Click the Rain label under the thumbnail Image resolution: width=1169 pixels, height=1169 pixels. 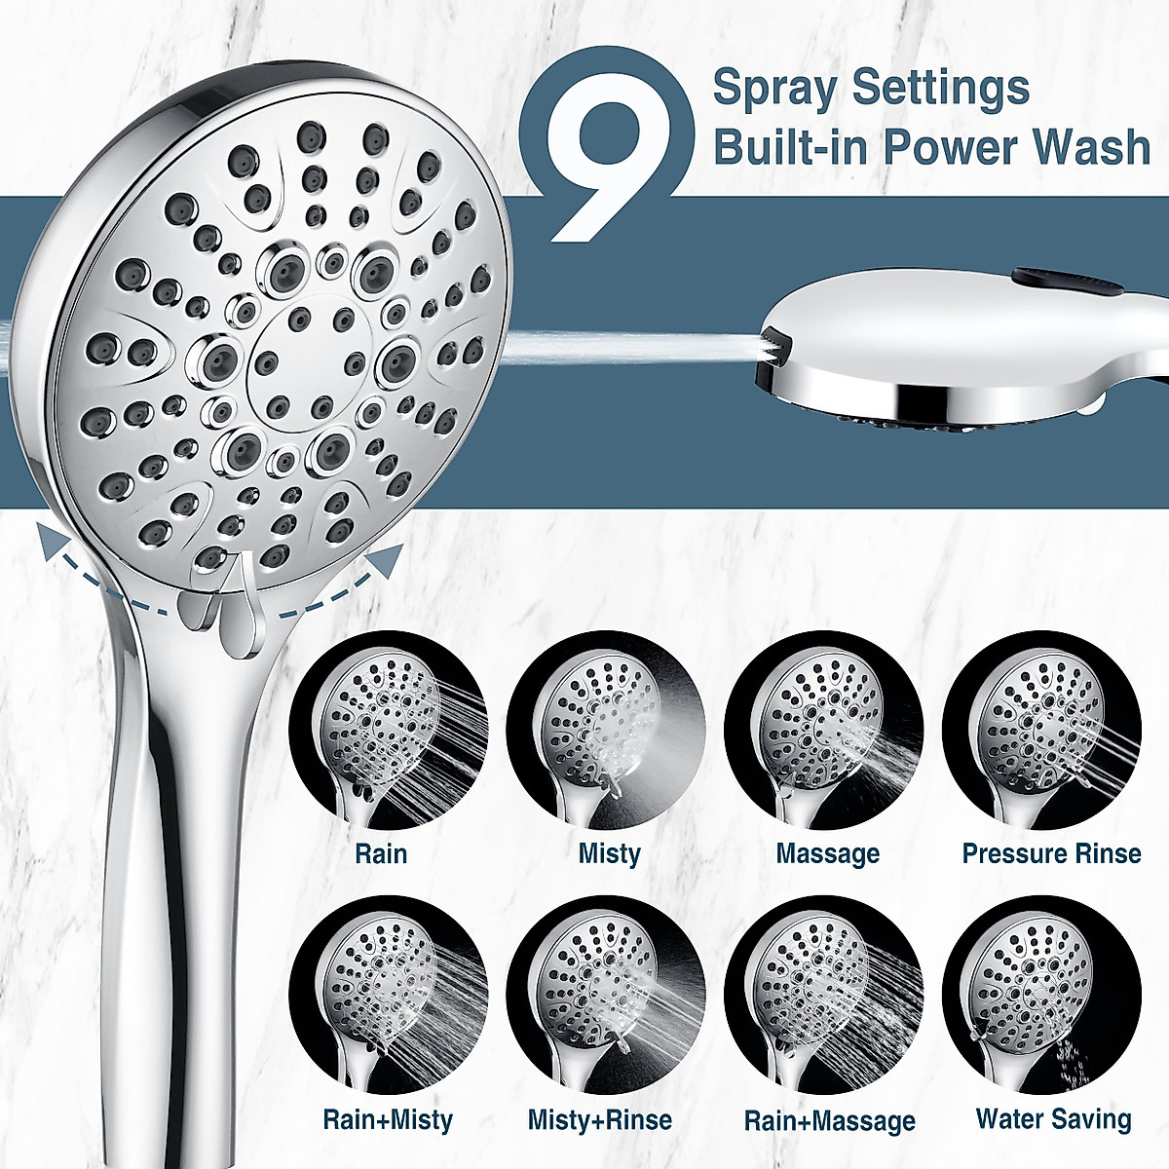point(381,854)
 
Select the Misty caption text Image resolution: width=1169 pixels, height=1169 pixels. point(609,854)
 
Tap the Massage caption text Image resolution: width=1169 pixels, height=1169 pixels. point(827,854)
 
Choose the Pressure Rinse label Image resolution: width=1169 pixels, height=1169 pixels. point(1051,854)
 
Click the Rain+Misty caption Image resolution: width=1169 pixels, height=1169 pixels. point(388,1120)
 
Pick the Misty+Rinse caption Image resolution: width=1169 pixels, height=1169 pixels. point(600,1120)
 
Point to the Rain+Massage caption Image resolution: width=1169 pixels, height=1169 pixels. point(829,1121)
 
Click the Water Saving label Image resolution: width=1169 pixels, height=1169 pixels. point(1053,1119)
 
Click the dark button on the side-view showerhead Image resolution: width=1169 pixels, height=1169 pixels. point(1064,282)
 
